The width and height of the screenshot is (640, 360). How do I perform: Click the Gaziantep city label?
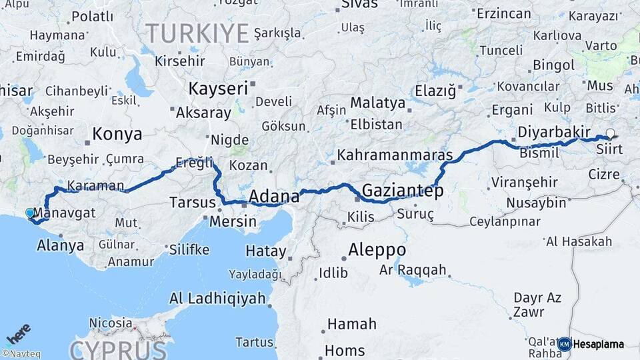403,191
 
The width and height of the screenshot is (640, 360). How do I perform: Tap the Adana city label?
274,196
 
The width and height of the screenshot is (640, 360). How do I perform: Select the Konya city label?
117,134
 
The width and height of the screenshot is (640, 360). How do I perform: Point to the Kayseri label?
218,88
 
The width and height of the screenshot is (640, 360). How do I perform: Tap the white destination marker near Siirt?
609,133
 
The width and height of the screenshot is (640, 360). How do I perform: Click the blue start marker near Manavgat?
29,213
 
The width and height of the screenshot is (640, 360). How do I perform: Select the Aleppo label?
377,250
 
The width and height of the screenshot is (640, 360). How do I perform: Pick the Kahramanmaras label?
395,155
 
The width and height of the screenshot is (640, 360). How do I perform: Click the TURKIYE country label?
197,33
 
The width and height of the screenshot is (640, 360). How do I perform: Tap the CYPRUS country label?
117,349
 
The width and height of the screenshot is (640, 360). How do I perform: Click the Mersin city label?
233,221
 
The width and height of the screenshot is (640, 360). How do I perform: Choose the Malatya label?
377,103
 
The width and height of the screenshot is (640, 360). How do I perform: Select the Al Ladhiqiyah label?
217,298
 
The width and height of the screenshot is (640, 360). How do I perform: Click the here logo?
19,334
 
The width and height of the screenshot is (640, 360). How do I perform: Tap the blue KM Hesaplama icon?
565,344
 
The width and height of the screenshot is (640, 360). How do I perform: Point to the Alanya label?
61,245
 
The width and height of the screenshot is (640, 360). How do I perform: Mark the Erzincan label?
503,13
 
